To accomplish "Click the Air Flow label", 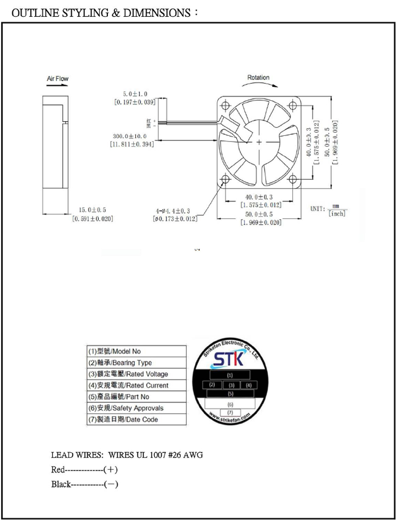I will pyautogui.click(x=58, y=79).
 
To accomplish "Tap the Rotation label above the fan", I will pyautogui.click(x=258, y=78).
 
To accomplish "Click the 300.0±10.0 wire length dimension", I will pyautogui.click(x=130, y=136).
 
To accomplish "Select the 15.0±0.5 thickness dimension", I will pyautogui.click(x=93, y=210).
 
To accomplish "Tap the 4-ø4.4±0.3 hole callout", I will pyautogui.click(x=173, y=211).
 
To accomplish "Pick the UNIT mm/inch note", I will pyautogui.click(x=328, y=210).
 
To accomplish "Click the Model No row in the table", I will pyautogui.click(x=136, y=352).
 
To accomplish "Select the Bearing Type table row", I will pyautogui.click(x=136, y=363).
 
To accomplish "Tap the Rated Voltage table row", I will pyautogui.click(x=136, y=374).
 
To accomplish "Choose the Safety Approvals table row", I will pyautogui.click(x=136, y=408).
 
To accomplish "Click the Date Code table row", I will pyautogui.click(x=136, y=420).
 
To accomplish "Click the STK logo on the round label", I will pyautogui.click(x=229, y=360).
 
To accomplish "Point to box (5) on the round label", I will pyautogui.click(x=230, y=394).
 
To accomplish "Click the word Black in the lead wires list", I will pyautogui.click(x=61, y=484).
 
